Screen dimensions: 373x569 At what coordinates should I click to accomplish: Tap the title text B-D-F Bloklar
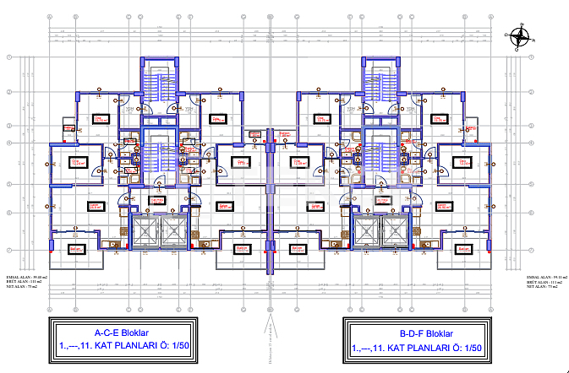click(x=417, y=332)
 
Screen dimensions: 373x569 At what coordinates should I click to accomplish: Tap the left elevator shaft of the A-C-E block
click(x=145, y=231)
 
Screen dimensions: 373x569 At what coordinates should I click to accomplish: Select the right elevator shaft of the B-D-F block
click(x=394, y=231)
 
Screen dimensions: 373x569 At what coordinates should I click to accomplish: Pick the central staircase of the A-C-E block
click(x=158, y=155)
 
